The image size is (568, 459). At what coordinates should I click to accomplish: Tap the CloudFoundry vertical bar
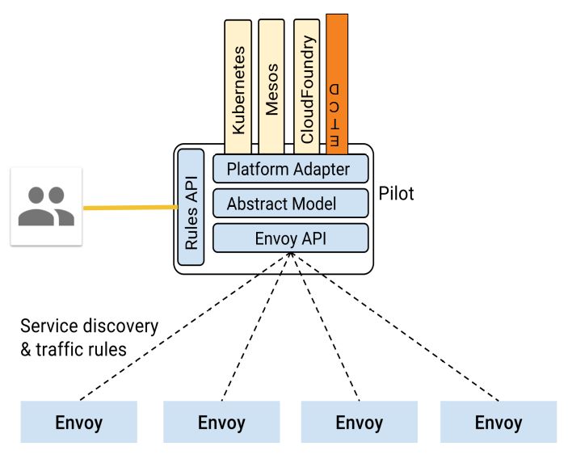pos(306,85)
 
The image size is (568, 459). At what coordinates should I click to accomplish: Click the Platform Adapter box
pos(290,169)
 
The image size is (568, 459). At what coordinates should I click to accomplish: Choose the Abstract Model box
pos(290,204)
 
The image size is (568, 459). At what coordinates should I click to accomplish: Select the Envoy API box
pos(290,238)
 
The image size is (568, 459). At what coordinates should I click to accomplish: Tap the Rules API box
pos(191,208)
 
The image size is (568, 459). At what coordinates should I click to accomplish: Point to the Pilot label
pos(396,194)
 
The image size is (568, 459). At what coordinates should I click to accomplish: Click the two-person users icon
pos(46,206)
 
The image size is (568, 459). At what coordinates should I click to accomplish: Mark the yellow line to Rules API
pos(129,208)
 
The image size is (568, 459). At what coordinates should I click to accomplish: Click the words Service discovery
pos(89,326)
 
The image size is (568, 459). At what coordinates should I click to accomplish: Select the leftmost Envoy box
pos(78,423)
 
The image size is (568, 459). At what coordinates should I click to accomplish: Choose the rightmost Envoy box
pos(498,423)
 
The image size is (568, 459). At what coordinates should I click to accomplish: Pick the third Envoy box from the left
pos(359,423)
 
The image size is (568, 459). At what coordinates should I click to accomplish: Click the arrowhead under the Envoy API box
pos(289,256)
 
